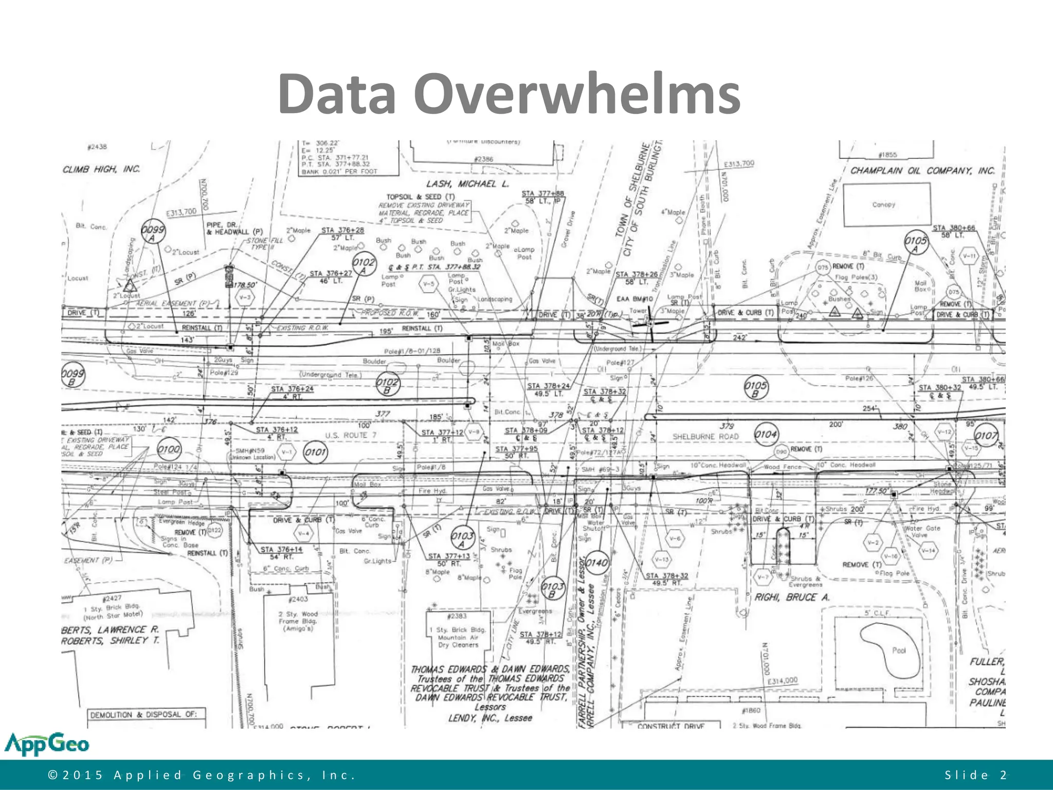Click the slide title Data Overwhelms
click(509, 94)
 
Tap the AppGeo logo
click(47, 744)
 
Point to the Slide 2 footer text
click(975, 775)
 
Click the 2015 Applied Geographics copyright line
click(202, 775)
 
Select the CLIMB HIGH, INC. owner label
click(101, 169)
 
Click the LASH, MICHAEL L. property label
click(467, 184)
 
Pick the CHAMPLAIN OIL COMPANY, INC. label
click(922, 171)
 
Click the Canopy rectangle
click(886, 205)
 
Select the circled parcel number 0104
click(766, 435)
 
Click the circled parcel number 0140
click(597, 563)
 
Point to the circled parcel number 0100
click(169, 450)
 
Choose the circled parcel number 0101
click(315, 452)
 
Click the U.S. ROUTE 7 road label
click(351, 436)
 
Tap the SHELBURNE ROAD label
click(705, 437)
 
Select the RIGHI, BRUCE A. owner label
click(792, 597)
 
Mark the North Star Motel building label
click(113, 611)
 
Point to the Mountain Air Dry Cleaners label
click(458, 637)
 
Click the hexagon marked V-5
click(428, 283)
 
